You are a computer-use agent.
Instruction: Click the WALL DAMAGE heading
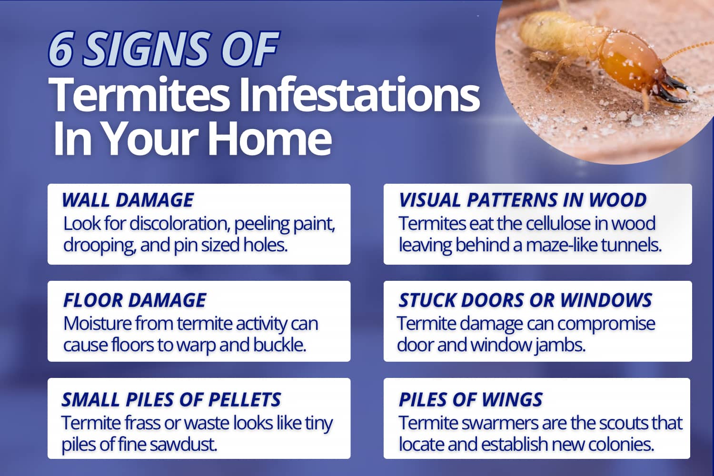click(x=128, y=200)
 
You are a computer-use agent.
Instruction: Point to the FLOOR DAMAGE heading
click(x=135, y=300)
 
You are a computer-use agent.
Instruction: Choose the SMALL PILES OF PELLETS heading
click(x=171, y=400)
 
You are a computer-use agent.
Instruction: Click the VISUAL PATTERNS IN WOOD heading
click(x=522, y=200)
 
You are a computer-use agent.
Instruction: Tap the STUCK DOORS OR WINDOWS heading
click(x=525, y=300)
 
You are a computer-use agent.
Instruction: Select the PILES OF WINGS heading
click(x=470, y=400)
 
